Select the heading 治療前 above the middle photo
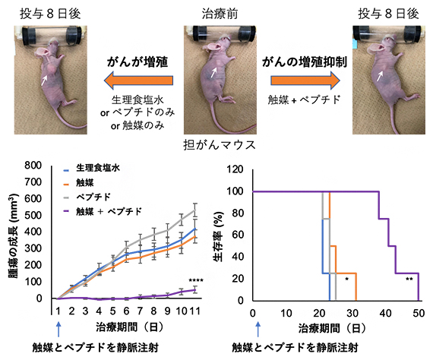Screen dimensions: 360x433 pyautogui.click(x=216, y=13)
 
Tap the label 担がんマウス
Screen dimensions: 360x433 pyautogui.click(x=216, y=143)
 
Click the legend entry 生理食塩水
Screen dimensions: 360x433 pyautogui.click(x=106, y=167)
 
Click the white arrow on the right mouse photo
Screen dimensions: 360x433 pyautogui.click(x=380, y=76)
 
